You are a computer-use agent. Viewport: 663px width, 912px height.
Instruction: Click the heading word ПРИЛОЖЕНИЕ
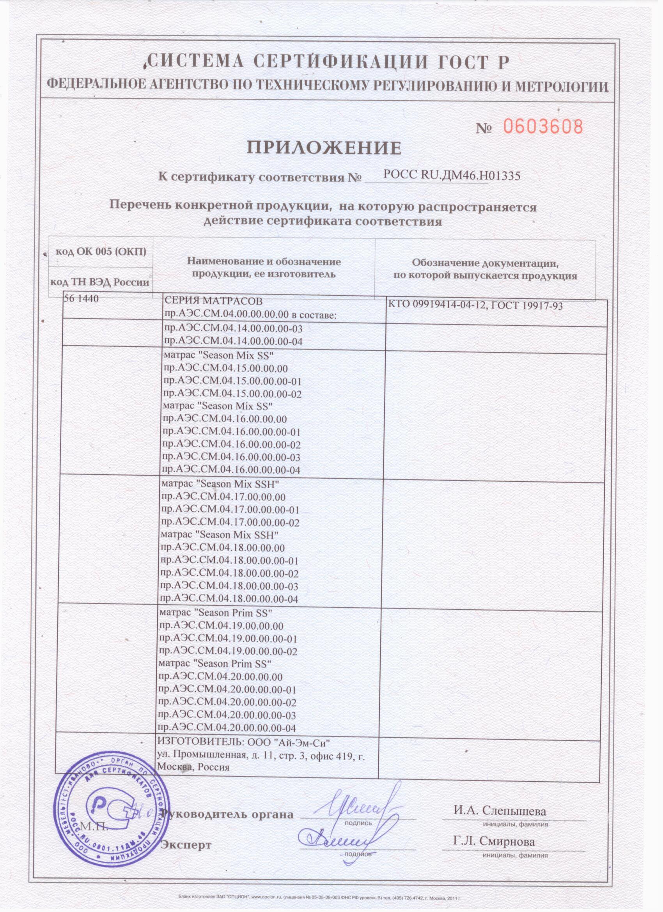point(324,148)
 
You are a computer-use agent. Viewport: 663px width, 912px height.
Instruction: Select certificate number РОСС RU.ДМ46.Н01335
point(452,175)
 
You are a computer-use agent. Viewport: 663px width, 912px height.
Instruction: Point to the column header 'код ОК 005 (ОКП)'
point(101,252)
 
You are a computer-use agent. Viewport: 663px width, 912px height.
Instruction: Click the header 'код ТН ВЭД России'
point(99,282)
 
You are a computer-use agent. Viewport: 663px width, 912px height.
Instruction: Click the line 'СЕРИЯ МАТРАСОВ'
point(213,301)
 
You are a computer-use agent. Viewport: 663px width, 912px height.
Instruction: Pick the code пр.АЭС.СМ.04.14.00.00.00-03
point(234,328)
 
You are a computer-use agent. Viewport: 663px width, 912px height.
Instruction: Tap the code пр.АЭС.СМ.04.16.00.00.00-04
point(231,470)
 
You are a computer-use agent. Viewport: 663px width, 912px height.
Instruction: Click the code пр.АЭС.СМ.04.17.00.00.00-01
point(230,509)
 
